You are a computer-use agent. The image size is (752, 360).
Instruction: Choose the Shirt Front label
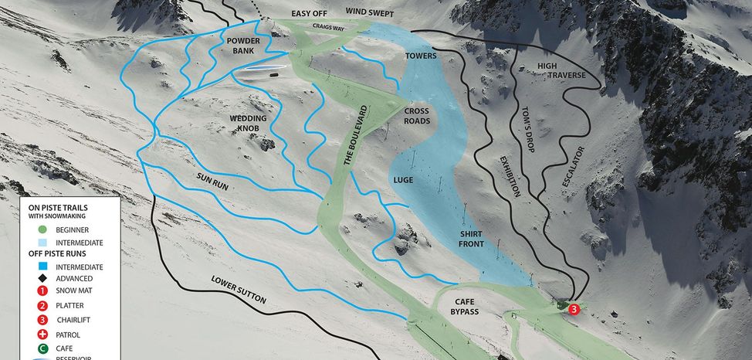click(x=472, y=239)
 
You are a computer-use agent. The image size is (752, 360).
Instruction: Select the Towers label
click(x=421, y=56)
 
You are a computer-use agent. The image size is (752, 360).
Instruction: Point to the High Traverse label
click(x=557, y=70)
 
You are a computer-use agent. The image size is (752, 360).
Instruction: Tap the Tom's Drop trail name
click(x=530, y=127)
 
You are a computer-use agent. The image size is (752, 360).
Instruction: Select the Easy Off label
click(x=310, y=14)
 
